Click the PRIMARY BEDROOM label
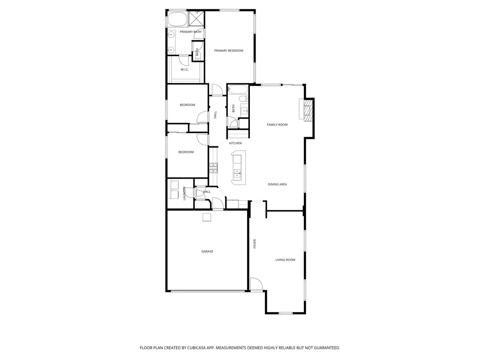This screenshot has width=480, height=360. click(x=229, y=51)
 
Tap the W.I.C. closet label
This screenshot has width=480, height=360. click(x=185, y=69)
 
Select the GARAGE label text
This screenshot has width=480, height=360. click(x=207, y=252)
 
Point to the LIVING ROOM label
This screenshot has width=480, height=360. click(x=285, y=260)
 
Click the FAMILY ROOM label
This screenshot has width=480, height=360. click(x=277, y=125)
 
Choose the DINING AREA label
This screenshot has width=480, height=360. click(x=277, y=185)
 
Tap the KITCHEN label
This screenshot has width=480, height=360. click(x=235, y=143)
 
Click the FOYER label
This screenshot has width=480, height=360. click(x=255, y=244)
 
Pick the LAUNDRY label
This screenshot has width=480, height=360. click(x=184, y=194)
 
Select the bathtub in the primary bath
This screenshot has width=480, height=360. click(x=176, y=19)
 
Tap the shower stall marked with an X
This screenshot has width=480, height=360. click(x=196, y=19)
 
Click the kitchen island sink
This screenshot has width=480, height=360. click(x=237, y=173)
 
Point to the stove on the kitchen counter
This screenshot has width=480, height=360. click(x=213, y=168)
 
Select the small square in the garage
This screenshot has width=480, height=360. click(x=207, y=217)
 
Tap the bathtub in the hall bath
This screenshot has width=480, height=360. click(x=238, y=90)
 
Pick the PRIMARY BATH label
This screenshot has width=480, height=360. click(x=190, y=32)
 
